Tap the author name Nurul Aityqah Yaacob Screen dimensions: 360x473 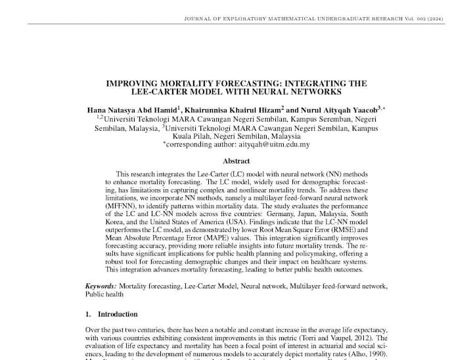[338, 110]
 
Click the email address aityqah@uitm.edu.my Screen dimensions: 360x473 [269, 145]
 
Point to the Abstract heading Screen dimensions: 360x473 [236, 161]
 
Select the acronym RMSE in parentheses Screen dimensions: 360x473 [349, 231]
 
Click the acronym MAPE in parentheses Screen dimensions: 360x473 [212, 239]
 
